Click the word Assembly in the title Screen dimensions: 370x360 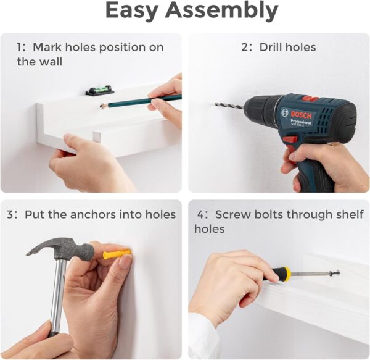pos(221,11)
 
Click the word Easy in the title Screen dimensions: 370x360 pos(131,11)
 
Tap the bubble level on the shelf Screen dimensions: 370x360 pos(100,90)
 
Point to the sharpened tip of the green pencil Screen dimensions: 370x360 pos(102,106)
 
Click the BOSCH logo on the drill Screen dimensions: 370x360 pos(301,115)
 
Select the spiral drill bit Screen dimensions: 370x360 pos(229,106)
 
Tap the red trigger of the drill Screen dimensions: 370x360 pos(290,140)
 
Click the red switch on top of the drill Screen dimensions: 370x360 pos(310,99)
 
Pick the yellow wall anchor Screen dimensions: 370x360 pos(117,254)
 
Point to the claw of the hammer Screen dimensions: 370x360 pos(38,248)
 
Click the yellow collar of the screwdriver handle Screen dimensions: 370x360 pos(286,274)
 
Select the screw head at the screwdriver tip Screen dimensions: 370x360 pos(336,274)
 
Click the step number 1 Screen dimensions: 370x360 pos(20,47)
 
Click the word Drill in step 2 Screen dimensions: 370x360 pos(271,47)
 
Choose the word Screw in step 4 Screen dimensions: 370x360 pos(233,214)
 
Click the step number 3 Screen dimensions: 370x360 pos(10,214)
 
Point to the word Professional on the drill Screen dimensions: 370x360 pos(301,122)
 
